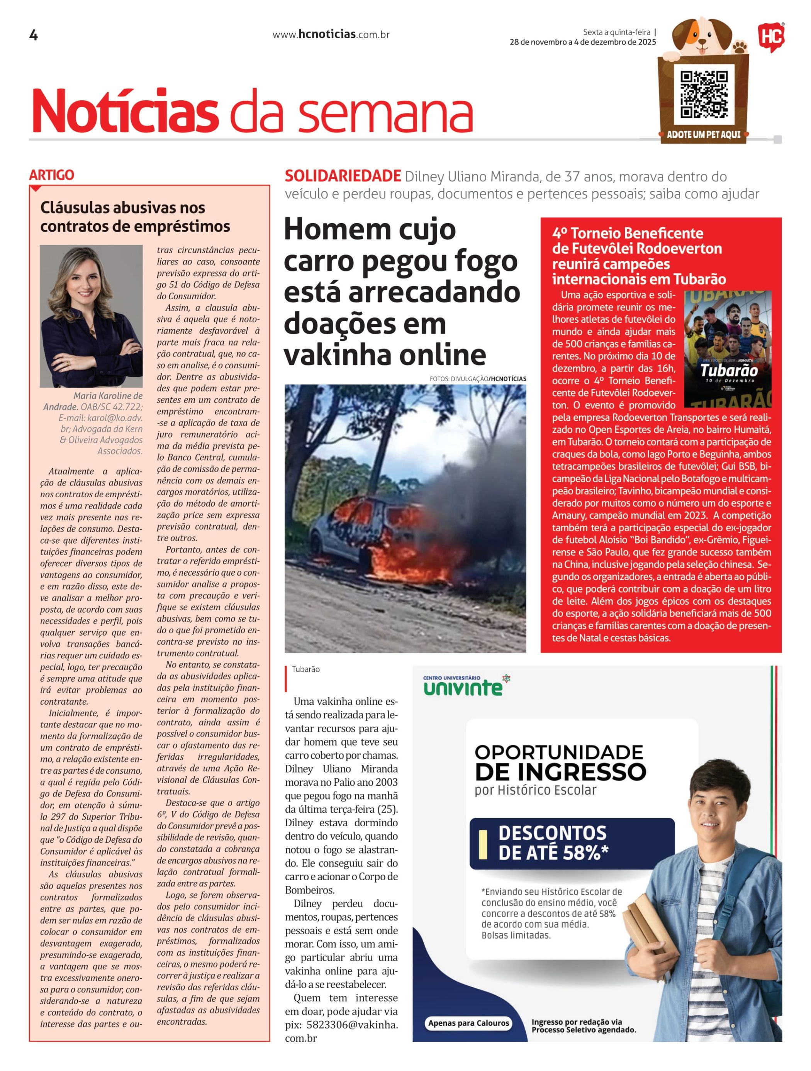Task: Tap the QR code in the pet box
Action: pyautogui.click(x=704, y=95)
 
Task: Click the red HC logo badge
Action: pyautogui.click(x=771, y=37)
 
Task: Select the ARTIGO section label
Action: pyautogui.click(x=52, y=175)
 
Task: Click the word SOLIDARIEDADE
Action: pyautogui.click(x=342, y=176)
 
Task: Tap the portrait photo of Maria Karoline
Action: pyautogui.click(x=91, y=316)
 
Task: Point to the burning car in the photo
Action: pyautogui.click(x=382, y=537)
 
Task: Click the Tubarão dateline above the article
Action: pyautogui.click(x=305, y=669)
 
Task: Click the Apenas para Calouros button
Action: pyautogui.click(x=468, y=1023)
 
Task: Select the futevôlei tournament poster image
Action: pyautogui.click(x=727, y=349)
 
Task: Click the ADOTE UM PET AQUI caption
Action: pyautogui.click(x=704, y=135)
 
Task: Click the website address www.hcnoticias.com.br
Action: pyautogui.click(x=331, y=35)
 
